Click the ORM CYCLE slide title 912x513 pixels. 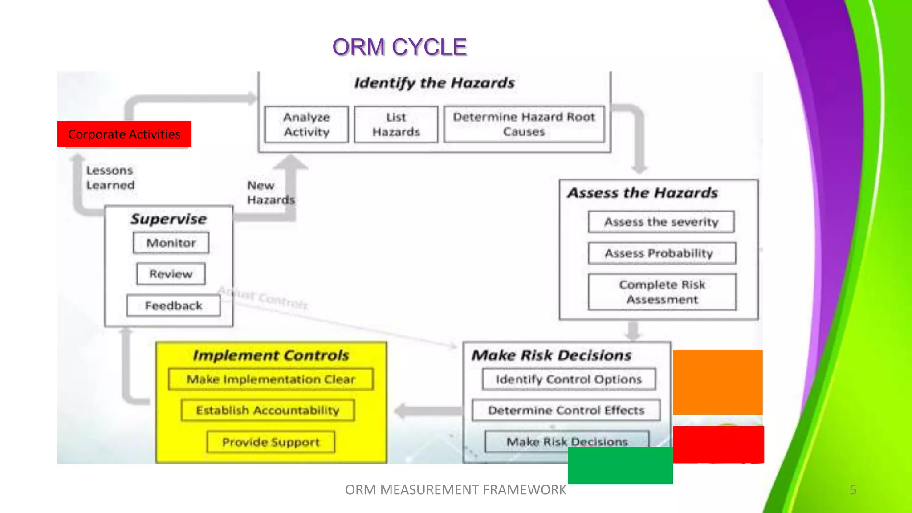click(399, 47)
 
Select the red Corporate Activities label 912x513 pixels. click(124, 134)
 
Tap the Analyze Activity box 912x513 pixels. click(306, 124)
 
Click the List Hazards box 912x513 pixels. click(396, 124)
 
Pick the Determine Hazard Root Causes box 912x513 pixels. click(524, 124)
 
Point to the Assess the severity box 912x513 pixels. click(661, 222)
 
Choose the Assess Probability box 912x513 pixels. click(661, 253)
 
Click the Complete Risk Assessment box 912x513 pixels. click(662, 292)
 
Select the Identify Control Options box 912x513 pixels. click(569, 379)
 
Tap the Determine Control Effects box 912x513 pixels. click(566, 410)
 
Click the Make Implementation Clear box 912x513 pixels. click(271, 379)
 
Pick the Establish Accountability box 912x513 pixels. click(268, 410)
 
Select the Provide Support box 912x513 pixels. click(271, 442)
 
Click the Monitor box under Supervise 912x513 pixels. click(171, 243)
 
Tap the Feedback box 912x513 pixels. click(173, 305)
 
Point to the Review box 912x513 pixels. click(171, 274)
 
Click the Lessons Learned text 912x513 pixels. click(110, 178)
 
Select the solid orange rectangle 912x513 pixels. click(717, 382)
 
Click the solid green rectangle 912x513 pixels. click(620, 465)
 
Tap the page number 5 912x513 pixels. click(853, 490)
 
